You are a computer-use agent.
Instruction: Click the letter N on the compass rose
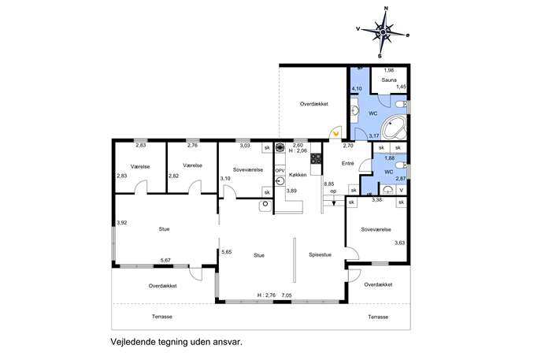click(386, 9)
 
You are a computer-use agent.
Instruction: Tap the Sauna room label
click(389, 80)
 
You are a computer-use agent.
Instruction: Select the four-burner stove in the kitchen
click(316, 158)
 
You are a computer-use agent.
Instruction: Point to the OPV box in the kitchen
click(280, 171)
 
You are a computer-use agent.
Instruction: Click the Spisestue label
click(320, 254)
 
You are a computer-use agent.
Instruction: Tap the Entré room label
click(348, 164)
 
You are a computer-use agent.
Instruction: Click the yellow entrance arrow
click(335, 133)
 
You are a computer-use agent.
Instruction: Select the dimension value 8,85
click(328, 184)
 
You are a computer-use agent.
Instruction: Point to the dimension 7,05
click(287, 295)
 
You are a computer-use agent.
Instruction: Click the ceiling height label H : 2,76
click(266, 295)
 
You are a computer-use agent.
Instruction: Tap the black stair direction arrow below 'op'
click(334, 202)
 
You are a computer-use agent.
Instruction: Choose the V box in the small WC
click(401, 190)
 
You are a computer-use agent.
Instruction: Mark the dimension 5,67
click(165, 260)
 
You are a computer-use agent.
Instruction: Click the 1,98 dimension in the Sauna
click(389, 70)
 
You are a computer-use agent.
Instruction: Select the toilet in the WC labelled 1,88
click(402, 165)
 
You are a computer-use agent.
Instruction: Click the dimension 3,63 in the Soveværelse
click(399, 243)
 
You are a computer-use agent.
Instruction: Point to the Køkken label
click(298, 175)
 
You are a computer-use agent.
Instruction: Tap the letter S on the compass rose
click(380, 56)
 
